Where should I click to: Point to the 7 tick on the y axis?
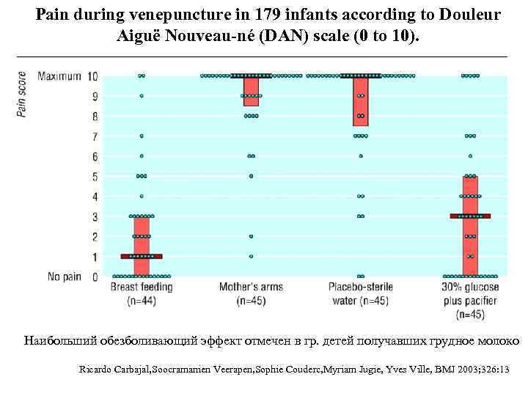pyautogui.click(x=94, y=136)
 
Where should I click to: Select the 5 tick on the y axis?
pyautogui.click(x=94, y=176)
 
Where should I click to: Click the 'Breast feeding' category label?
pyautogui.click(x=142, y=287)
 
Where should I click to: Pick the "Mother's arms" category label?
pyautogui.click(x=251, y=287)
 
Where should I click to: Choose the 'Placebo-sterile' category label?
pyautogui.click(x=359, y=287)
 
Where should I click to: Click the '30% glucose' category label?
pyautogui.click(x=469, y=287)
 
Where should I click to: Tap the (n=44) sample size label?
pyautogui.click(x=142, y=301)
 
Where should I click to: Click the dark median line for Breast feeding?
pyautogui.click(x=142, y=257)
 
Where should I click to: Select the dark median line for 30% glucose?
pyautogui.click(x=469, y=216)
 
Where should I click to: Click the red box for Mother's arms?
pyautogui.click(x=251, y=92)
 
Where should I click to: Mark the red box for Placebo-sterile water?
pyautogui.click(x=360, y=101)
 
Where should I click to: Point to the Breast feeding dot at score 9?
pyautogui.click(x=142, y=96)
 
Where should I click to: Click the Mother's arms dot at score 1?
pyautogui.click(x=251, y=257)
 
